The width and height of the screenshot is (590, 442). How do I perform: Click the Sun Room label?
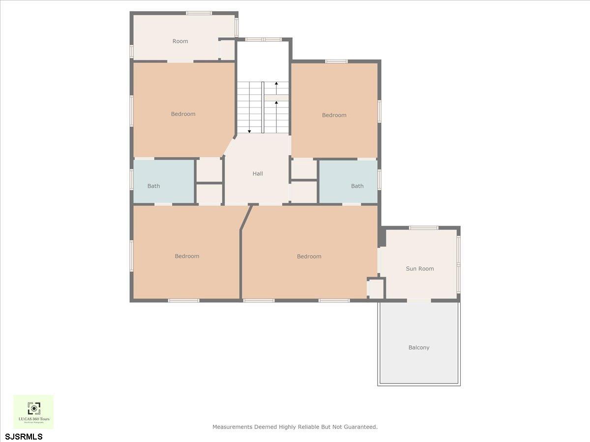pyautogui.click(x=419, y=269)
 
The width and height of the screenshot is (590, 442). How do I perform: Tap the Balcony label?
pyautogui.click(x=419, y=348)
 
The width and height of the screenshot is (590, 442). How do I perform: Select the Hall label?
pyautogui.click(x=258, y=174)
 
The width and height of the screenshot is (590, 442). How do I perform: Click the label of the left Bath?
pyautogui.click(x=153, y=186)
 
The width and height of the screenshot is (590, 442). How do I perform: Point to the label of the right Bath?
pyautogui.click(x=357, y=186)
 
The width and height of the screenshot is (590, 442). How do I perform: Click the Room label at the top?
pyautogui.click(x=180, y=41)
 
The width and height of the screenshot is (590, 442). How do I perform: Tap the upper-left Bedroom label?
pyautogui.click(x=183, y=114)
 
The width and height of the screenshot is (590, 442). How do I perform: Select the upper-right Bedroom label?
pyautogui.click(x=334, y=115)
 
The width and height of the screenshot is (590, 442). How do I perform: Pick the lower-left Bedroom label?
pyautogui.click(x=187, y=256)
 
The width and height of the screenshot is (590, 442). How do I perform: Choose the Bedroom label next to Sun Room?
pyautogui.click(x=309, y=256)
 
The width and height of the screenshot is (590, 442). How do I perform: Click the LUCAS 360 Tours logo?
pyautogui.click(x=33, y=412)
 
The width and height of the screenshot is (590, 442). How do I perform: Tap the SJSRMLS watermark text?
pyautogui.click(x=24, y=437)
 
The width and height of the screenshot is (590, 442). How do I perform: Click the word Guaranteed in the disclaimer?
pyautogui.click(x=360, y=427)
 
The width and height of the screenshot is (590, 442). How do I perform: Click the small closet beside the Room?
pyautogui.click(x=227, y=50)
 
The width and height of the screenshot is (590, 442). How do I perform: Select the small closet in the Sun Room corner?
pyautogui.click(x=376, y=288)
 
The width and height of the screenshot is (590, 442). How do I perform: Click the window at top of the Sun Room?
pyautogui.click(x=423, y=228)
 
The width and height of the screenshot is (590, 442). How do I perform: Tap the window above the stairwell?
pyautogui.click(x=263, y=39)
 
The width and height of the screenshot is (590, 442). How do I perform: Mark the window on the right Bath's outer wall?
pyautogui.click(x=379, y=180)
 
